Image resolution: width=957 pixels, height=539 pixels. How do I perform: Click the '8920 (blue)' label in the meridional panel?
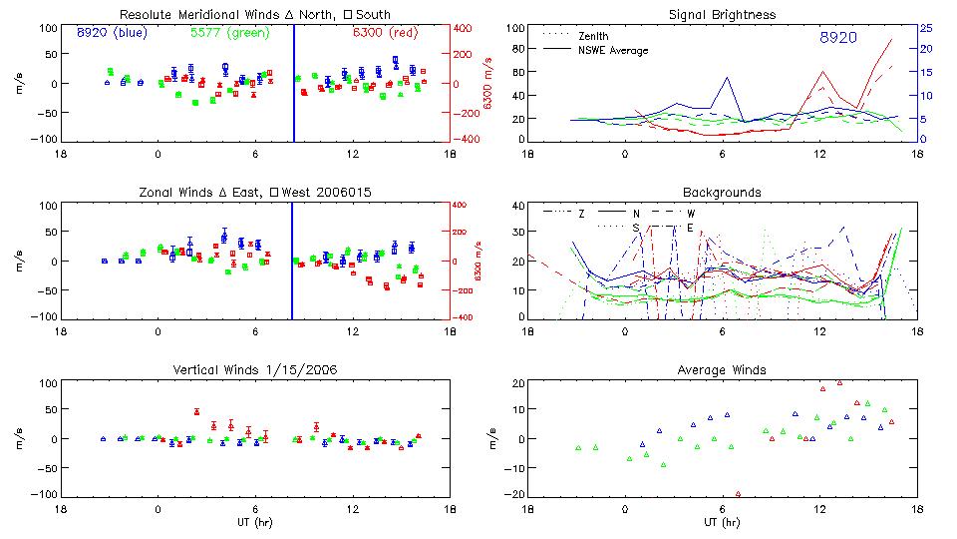(112, 33)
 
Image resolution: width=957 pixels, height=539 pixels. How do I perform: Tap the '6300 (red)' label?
(384, 33)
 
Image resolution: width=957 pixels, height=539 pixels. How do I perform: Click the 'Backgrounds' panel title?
(723, 192)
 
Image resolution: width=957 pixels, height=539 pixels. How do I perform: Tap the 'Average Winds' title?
(723, 369)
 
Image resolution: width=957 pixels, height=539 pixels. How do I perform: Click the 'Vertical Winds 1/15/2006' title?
(255, 369)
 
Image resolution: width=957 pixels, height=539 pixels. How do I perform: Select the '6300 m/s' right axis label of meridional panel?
(487, 84)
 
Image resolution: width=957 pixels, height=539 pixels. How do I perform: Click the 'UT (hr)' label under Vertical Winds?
(255, 522)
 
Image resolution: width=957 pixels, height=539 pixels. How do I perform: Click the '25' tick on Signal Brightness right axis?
(925, 28)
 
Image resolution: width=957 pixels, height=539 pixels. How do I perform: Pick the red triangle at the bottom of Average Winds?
(738, 493)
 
